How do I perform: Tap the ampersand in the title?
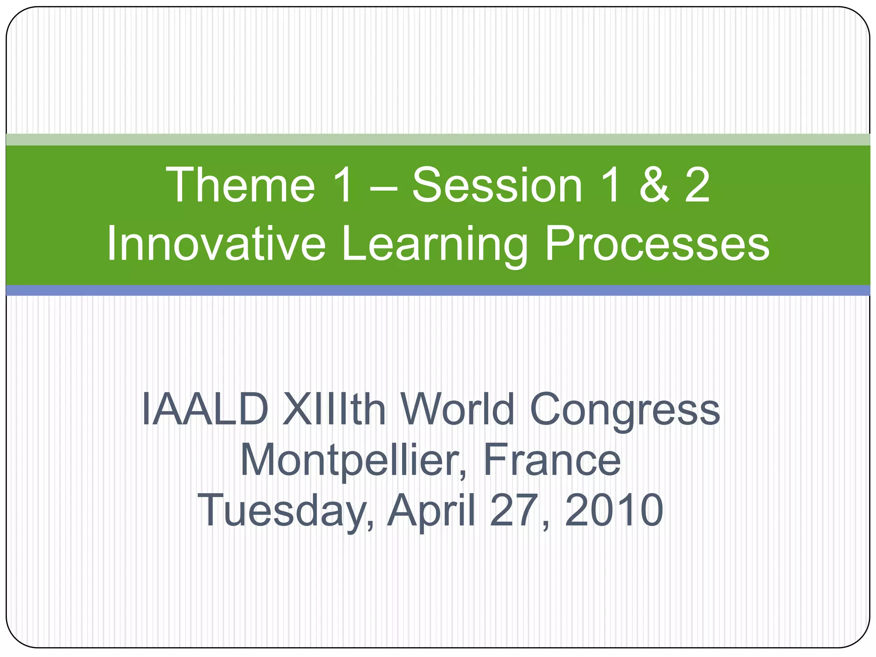(654, 185)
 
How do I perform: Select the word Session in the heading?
(497, 185)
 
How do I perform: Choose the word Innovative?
(216, 244)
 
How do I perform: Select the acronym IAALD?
(205, 409)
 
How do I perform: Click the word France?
(552, 460)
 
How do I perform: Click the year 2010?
(614, 510)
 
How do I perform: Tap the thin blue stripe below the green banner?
(438, 290)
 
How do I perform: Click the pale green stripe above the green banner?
(438, 139)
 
